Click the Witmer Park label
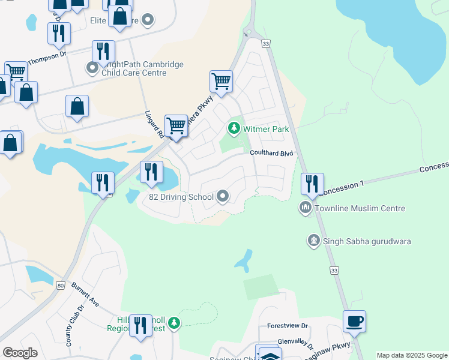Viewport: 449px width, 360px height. click(266, 129)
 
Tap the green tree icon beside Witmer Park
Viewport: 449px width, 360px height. click(234, 128)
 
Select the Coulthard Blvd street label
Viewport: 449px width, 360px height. click(271, 154)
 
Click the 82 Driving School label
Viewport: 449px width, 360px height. click(181, 197)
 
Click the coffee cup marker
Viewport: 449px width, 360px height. click(354, 321)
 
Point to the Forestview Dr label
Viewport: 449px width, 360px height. click(288, 326)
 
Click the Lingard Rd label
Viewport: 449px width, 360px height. click(154, 124)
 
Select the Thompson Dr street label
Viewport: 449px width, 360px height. click(46, 56)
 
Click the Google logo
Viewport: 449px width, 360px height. click(20, 353)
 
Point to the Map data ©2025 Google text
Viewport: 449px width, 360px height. click(412, 355)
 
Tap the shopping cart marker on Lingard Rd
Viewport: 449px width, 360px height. click(176, 125)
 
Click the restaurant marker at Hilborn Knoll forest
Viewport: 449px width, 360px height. click(140, 326)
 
